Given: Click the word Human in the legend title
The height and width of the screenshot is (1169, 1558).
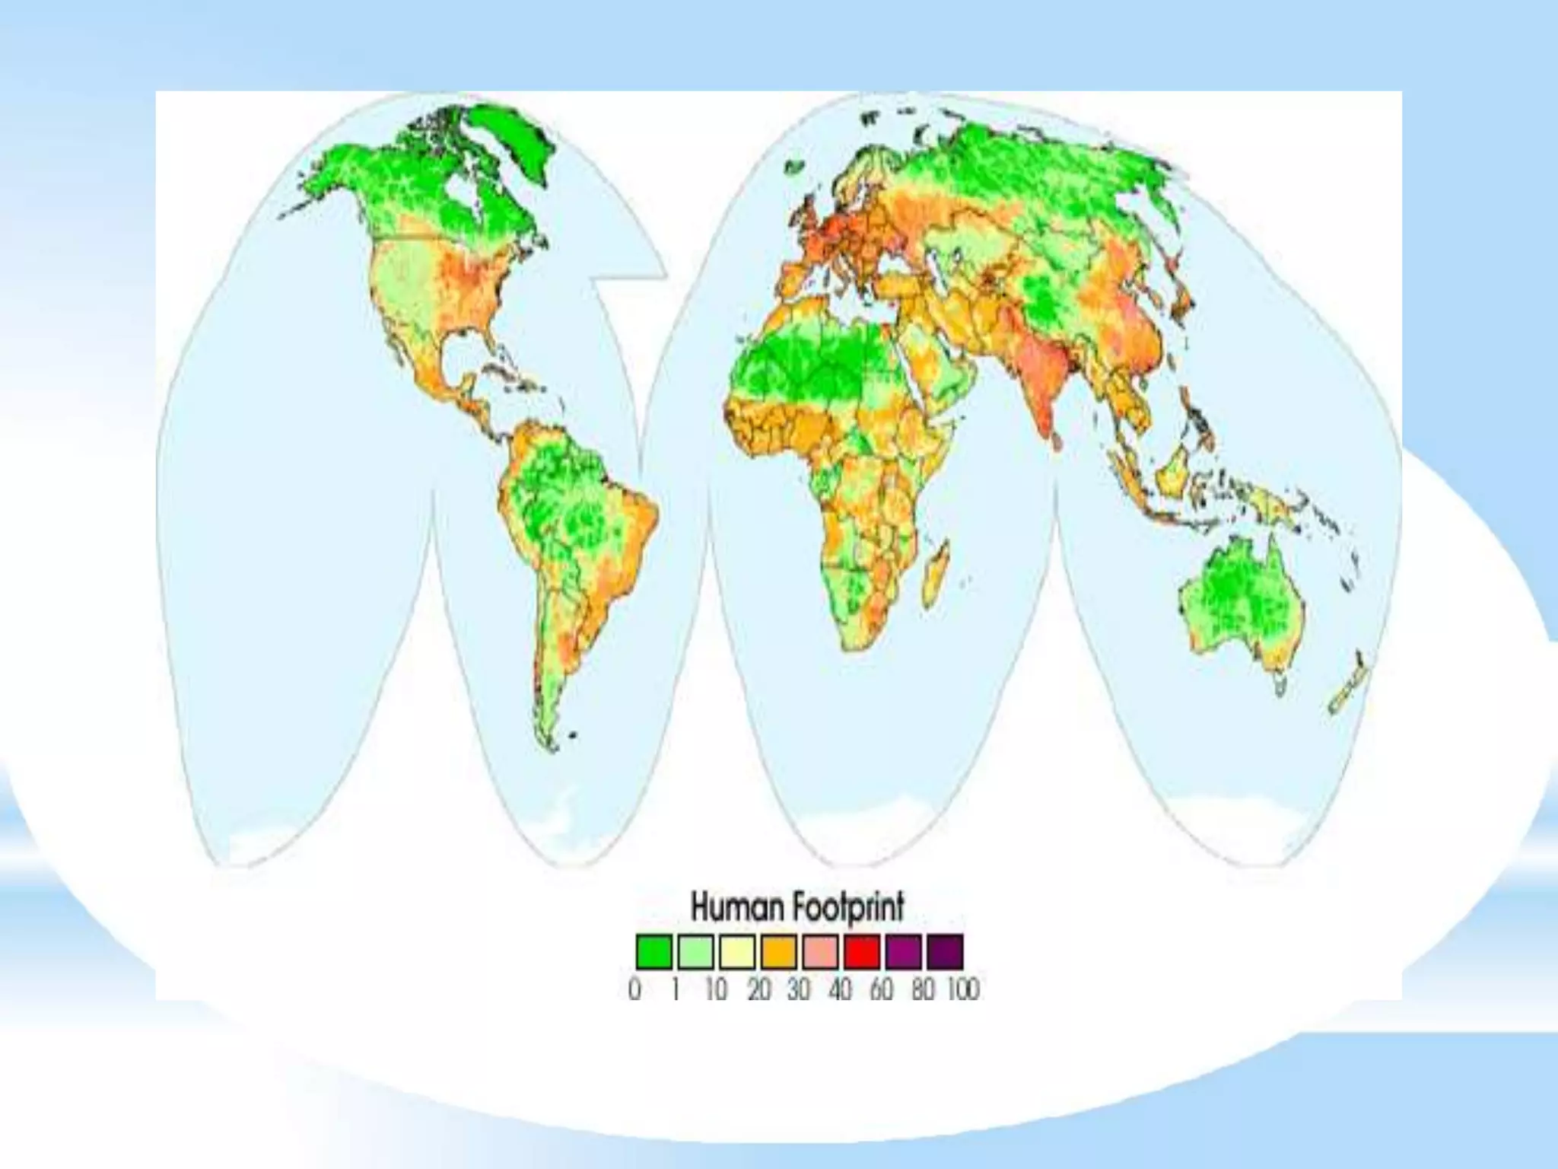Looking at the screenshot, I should pos(736,907).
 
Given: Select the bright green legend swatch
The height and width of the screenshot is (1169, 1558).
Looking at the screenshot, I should pos(653,951).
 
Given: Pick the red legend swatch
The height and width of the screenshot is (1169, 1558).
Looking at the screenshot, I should pos(862,951).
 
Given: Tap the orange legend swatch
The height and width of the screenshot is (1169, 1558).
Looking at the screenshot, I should pos(779,951).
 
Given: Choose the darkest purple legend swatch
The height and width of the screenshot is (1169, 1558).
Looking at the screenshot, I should pos(945,951).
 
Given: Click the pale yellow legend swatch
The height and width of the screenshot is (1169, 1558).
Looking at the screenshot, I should pos(737,951).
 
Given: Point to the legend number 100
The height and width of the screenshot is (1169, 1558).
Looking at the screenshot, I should pos(963,989).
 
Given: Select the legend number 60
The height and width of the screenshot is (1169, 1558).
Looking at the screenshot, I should pos(881,989).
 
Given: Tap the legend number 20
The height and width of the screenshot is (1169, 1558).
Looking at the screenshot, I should pos(758,989).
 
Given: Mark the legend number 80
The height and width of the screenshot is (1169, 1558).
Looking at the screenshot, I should pos(922,989).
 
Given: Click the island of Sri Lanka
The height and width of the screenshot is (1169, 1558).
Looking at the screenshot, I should pos(1056,441).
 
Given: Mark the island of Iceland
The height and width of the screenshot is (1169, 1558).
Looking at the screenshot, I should pos(796,167).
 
